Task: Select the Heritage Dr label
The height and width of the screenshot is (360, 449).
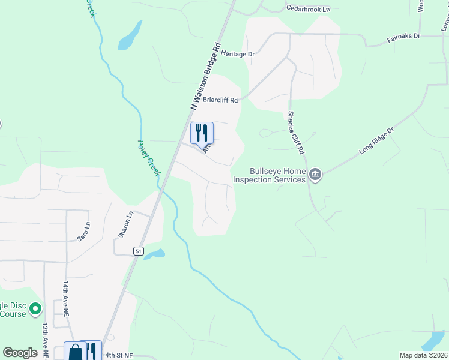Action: click(238, 54)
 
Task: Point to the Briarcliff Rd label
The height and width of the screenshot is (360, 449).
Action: click(220, 100)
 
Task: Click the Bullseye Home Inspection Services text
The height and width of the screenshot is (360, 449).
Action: click(270, 175)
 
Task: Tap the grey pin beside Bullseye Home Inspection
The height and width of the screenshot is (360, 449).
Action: click(316, 175)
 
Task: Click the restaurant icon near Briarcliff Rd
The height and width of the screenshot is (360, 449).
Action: click(202, 133)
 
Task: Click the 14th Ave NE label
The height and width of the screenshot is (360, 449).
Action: click(67, 295)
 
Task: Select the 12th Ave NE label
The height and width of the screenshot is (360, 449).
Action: click(45, 340)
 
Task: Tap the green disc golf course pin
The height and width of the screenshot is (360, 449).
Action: click(35, 309)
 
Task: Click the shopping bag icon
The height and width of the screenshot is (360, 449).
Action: click(74, 352)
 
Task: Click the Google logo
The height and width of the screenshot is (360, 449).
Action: click(20, 353)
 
